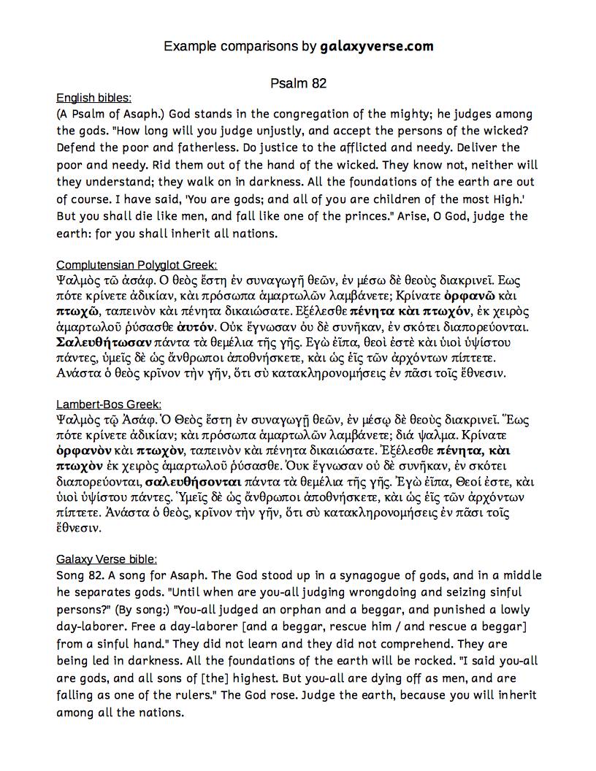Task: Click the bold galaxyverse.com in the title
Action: pos(377,47)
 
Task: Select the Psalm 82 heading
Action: pos(298,83)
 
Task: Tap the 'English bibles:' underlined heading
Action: pos(93,98)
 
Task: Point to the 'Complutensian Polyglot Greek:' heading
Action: pos(137,264)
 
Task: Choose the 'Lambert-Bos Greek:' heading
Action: pos(109,404)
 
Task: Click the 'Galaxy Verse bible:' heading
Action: pos(107,559)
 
